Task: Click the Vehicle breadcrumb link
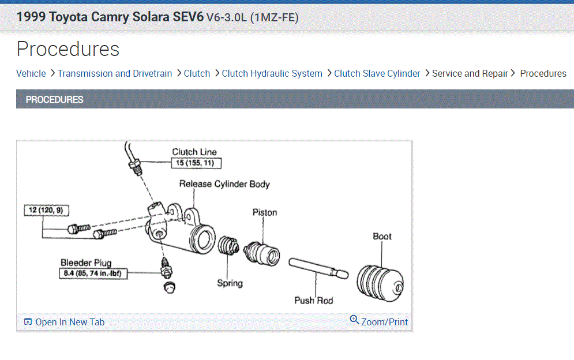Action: [x=31, y=74]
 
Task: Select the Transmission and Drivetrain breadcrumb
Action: [x=115, y=74]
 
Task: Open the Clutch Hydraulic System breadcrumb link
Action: [x=272, y=74]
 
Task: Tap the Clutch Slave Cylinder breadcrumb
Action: [x=377, y=74]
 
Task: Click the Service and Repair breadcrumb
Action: [x=470, y=74]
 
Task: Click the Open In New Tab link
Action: [x=65, y=322]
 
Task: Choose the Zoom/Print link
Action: [x=379, y=321]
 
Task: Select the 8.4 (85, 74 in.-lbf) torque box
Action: [x=93, y=273]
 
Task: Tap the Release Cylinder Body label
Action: [x=224, y=184]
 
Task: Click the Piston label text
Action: [x=265, y=212]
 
